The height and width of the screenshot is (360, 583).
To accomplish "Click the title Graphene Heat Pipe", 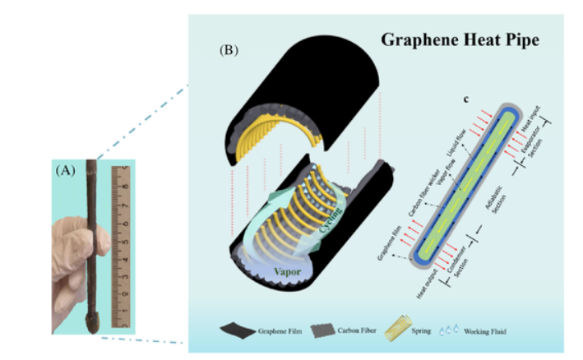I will click(x=460, y=41).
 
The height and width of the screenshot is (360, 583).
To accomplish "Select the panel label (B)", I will click(x=229, y=50).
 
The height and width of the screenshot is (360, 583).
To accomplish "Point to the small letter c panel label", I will click(x=466, y=100).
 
